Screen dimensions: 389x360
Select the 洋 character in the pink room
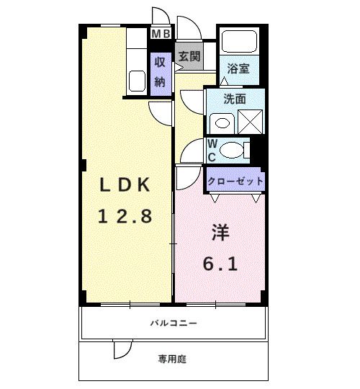[x=220, y=233]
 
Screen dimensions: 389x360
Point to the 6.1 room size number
[x=220, y=264]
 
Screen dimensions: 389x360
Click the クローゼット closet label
[x=235, y=181]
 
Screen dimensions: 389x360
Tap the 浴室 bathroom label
[x=238, y=69]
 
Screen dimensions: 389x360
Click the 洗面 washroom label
[x=234, y=99]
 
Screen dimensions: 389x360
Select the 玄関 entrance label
[x=189, y=55]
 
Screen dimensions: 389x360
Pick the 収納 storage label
[x=160, y=72]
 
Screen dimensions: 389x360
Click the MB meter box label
[x=161, y=32]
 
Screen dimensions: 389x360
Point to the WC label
[x=212, y=151]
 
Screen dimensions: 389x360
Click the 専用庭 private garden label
[x=173, y=358]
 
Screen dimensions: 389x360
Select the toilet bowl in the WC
[x=233, y=151]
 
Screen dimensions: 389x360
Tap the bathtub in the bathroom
[x=240, y=42]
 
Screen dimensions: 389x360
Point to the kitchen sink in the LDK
[x=137, y=81]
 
